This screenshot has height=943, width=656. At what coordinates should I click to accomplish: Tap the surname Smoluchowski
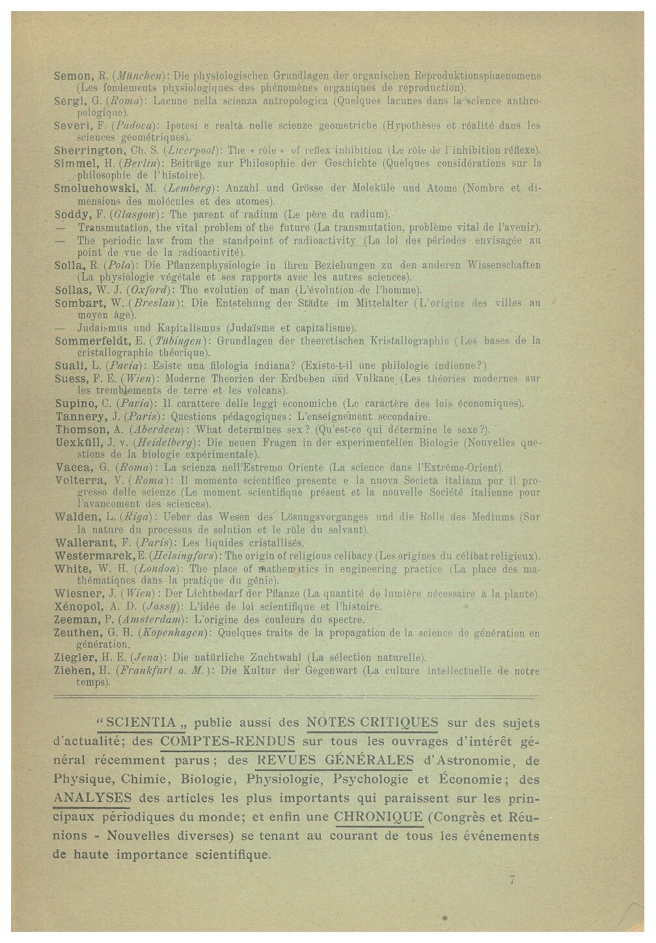[x=95, y=189]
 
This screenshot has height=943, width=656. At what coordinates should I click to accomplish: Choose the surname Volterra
[x=80, y=481]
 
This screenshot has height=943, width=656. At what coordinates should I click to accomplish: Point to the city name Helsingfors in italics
[x=184, y=556]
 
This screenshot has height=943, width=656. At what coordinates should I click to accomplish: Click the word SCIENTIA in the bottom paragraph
[x=141, y=722]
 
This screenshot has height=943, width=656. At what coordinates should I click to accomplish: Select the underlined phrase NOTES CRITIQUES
[x=372, y=722]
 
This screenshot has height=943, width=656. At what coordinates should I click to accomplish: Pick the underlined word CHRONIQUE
[x=378, y=817]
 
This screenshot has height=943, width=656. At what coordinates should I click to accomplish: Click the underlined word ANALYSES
[x=92, y=798]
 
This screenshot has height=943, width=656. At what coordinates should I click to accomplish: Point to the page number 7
[x=512, y=880]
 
